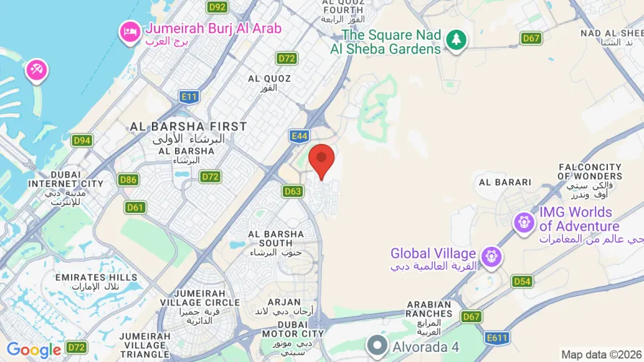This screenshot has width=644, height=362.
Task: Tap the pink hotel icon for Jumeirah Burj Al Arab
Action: point(130,33)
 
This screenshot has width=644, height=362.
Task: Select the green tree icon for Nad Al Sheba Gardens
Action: point(456,41)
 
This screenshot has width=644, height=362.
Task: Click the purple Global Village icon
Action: point(492,256)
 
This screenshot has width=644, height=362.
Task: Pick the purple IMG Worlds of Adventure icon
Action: point(524,222)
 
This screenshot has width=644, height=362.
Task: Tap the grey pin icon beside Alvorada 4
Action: point(377,346)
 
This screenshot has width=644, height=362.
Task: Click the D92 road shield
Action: point(217,7)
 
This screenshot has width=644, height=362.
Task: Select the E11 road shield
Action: point(190,96)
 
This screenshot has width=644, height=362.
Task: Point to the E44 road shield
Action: point(299,135)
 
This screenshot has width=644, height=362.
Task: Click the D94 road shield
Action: point(82,140)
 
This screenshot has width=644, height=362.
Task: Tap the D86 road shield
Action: point(129,180)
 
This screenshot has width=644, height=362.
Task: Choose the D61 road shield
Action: point(135,208)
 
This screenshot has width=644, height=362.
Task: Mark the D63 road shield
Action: point(292,191)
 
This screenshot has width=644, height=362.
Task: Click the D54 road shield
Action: point(522,281)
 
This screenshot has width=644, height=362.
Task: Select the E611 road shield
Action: point(497,337)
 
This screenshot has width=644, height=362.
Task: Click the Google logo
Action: point(33,350)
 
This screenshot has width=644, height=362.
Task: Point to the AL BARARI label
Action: point(504,182)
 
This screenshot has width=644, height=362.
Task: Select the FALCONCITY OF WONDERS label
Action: point(590,171)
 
